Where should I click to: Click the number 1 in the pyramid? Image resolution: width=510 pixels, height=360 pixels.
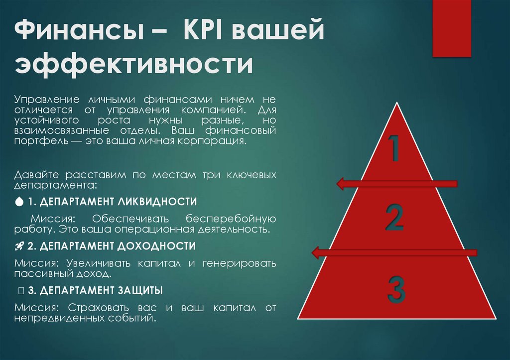tap(393, 148)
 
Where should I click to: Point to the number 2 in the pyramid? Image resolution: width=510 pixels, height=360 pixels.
tap(394, 218)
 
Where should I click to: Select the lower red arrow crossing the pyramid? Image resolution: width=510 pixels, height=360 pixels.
tap(393, 252)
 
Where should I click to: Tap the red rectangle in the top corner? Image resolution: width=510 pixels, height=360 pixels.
tap(451, 28)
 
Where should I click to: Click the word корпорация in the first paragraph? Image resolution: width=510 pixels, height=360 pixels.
tap(216, 141)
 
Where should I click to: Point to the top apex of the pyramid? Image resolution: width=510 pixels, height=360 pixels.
tap(397, 103)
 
